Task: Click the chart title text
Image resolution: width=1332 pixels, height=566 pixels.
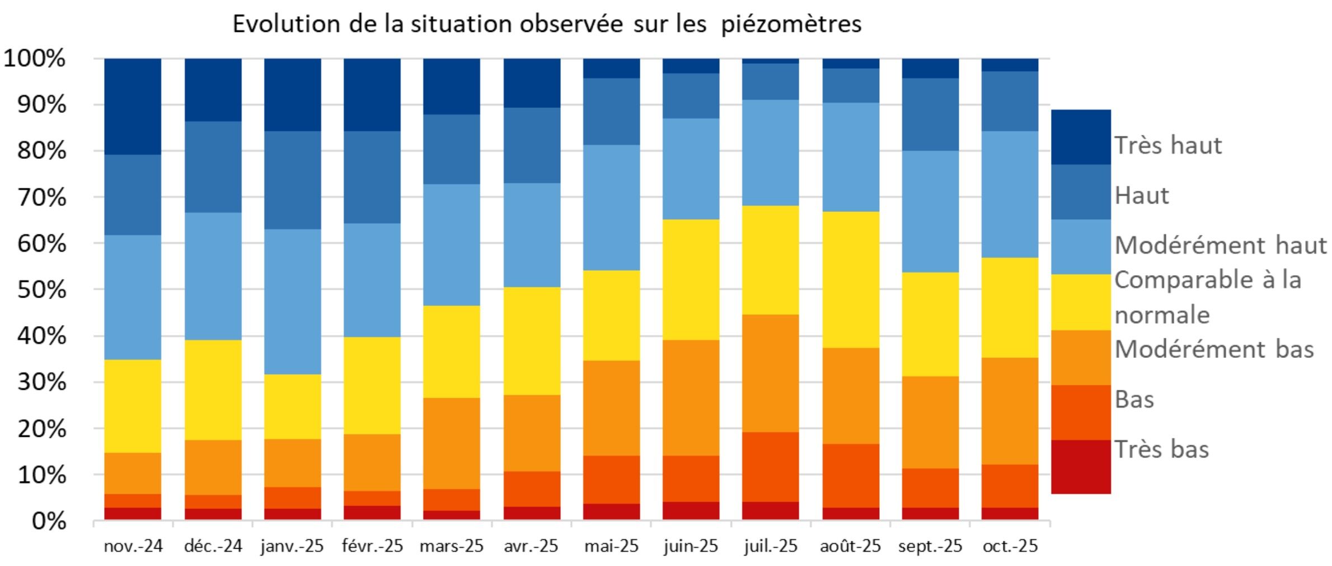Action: [x=547, y=25]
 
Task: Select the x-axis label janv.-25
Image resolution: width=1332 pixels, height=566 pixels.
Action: [x=292, y=546]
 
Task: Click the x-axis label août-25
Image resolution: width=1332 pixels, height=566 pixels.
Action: [x=850, y=546]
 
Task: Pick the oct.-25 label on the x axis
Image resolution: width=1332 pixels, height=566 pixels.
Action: [x=1010, y=546]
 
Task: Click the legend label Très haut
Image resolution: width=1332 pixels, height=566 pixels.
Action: [x=1168, y=145]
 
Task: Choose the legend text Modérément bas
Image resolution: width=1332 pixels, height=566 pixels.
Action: [x=1214, y=350]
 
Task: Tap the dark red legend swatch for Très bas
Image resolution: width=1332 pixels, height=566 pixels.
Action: [x=1081, y=467]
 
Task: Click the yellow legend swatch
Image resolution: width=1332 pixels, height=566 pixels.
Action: [x=1081, y=302]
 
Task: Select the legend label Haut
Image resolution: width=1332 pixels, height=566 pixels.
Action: [x=1142, y=196]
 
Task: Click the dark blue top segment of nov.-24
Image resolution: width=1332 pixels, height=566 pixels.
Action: [x=133, y=106]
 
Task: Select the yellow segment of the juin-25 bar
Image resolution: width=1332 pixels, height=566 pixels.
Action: [x=691, y=280]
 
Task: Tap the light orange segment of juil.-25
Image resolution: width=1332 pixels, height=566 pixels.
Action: [x=771, y=373]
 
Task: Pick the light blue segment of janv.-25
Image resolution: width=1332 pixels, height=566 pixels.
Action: [x=293, y=302]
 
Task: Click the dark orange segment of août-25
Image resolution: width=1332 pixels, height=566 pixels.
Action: [x=851, y=475]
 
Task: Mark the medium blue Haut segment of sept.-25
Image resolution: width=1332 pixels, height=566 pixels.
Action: [x=930, y=115]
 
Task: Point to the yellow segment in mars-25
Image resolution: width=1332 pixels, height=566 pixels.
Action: [x=452, y=351]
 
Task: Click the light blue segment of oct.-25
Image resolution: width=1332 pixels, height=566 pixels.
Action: [x=1010, y=194]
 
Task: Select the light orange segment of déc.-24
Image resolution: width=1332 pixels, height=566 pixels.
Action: [x=213, y=467]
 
